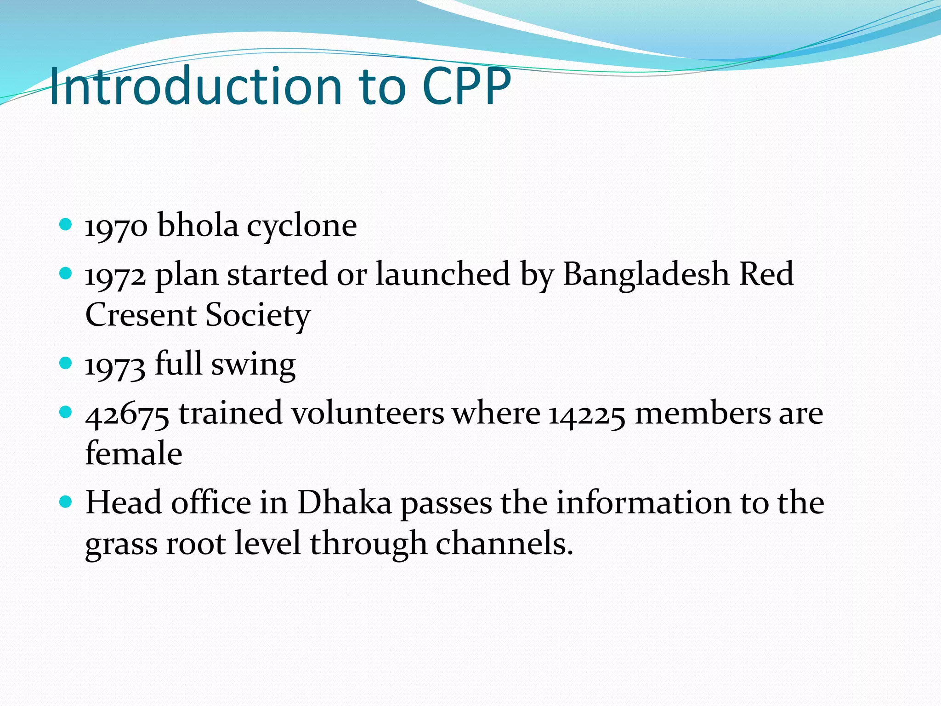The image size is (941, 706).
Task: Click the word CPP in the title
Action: coord(466,86)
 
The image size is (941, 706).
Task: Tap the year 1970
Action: coord(116,227)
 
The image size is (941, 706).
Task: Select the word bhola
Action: coord(198,225)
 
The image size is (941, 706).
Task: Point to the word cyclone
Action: coord(302,227)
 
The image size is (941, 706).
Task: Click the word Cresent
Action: coord(141,316)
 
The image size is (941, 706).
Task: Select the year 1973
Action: coord(115,366)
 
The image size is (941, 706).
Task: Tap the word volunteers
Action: coord(368,413)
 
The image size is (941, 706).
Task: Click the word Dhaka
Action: coord(345,502)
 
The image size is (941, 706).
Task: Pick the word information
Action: coord(644,502)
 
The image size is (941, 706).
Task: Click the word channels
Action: coord(504,544)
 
